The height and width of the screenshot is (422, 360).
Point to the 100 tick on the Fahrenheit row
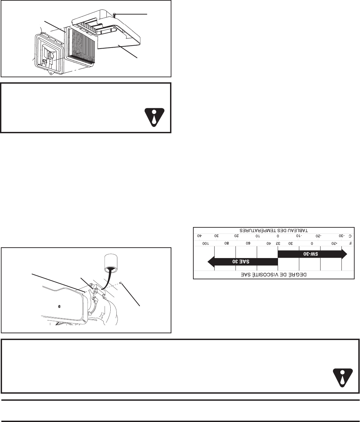(206, 243)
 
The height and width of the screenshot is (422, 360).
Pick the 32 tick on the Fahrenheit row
(279, 243)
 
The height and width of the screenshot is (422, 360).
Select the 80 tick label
(227, 243)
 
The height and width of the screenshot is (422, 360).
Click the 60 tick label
(248, 243)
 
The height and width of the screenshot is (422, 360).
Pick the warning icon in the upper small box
(154, 116)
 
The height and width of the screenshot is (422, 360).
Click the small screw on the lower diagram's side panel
(59, 306)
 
